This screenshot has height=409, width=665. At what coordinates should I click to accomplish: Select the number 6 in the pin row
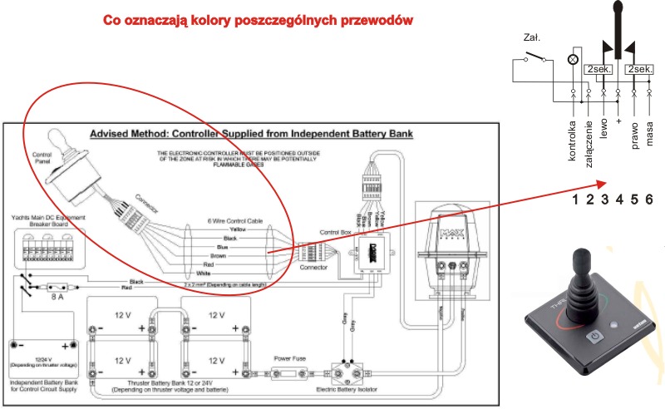[648, 199]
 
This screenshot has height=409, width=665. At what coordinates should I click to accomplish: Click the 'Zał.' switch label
[531, 37]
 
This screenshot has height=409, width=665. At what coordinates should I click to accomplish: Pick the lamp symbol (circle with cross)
[573, 60]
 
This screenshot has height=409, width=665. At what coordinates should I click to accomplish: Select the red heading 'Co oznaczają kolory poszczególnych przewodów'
[258, 19]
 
